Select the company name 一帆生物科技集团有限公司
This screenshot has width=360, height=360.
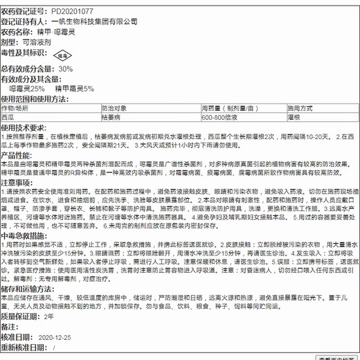(100, 21)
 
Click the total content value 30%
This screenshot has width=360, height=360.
(66, 69)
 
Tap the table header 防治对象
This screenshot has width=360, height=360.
(114, 109)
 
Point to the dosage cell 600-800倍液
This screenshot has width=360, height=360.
(221, 118)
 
